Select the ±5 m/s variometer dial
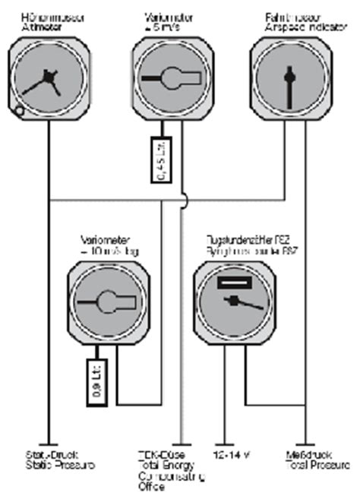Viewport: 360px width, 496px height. tap(169, 78)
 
